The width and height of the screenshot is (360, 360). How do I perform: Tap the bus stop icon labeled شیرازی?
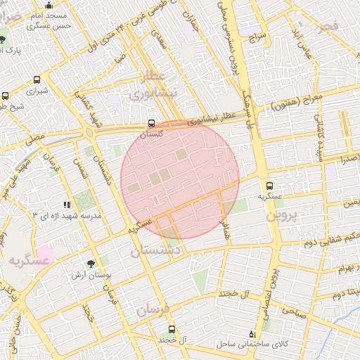pos(37,79)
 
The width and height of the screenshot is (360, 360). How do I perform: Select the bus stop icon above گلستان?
pos(152,123)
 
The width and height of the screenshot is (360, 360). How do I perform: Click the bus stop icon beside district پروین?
pos(270,186)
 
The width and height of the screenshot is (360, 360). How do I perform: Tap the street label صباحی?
pos(295,314)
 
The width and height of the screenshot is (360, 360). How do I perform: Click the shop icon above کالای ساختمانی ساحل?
pos(252,333)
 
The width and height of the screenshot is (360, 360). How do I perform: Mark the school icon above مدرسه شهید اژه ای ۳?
pos(67,205)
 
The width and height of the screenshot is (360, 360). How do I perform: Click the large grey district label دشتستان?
pos(156,250)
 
